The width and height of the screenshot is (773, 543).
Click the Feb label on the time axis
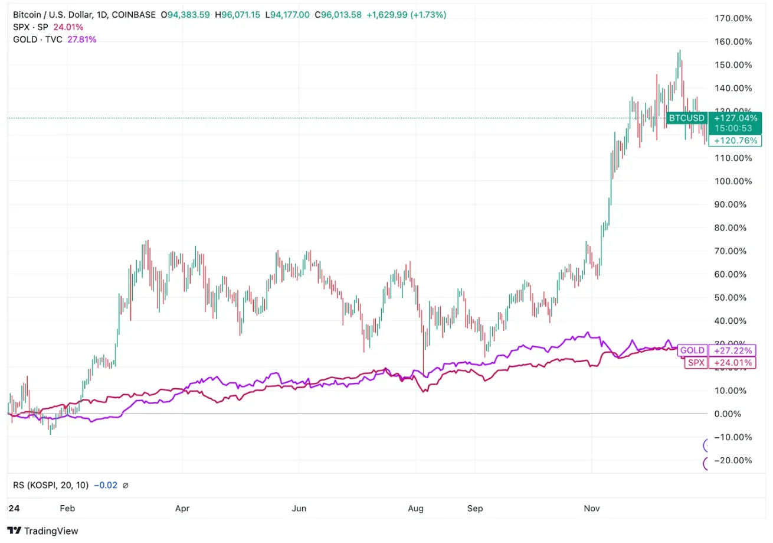coord(68,508)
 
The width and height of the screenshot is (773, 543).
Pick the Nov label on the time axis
coord(591,508)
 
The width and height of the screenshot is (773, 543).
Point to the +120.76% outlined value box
coord(735,141)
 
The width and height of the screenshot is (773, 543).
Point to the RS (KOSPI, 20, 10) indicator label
coord(51,485)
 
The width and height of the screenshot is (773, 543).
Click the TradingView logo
coord(43,531)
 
